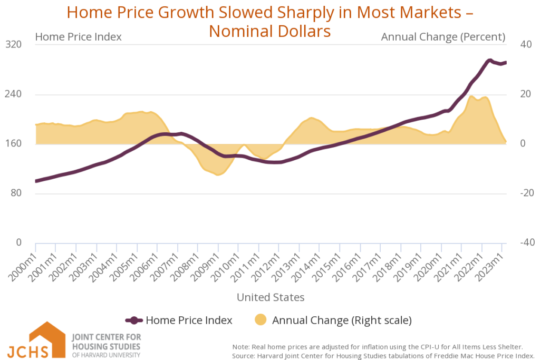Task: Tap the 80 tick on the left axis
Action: (16, 193)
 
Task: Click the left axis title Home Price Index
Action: (78, 37)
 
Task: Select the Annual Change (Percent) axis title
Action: (443, 37)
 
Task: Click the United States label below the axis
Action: (271, 297)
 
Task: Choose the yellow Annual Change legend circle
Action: (261, 320)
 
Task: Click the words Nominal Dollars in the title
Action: (269, 31)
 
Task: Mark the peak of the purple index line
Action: (490, 61)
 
